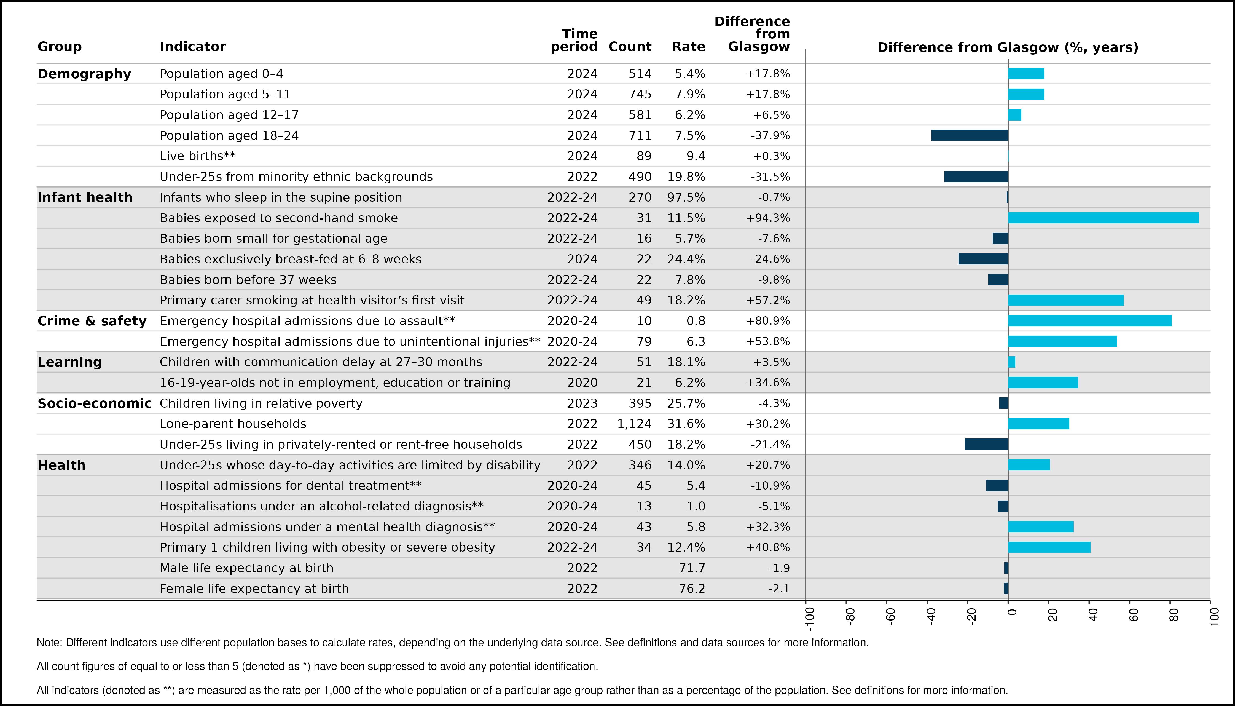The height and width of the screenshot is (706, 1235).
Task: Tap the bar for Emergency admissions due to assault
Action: tap(1090, 320)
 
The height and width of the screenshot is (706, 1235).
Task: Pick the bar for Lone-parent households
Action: tap(1039, 424)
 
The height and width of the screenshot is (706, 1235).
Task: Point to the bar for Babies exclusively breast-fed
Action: tap(983, 259)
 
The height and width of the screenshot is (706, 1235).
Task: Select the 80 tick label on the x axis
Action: tap(1174, 615)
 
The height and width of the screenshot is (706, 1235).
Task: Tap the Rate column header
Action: tap(688, 47)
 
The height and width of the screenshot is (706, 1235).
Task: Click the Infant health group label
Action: tap(85, 197)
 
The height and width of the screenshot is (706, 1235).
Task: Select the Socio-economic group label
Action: tap(95, 403)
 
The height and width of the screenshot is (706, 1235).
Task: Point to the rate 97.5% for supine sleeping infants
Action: tap(686, 197)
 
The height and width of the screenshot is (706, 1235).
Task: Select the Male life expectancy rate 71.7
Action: tap(692, 568)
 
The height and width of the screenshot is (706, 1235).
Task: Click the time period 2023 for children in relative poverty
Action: tap(582, 403)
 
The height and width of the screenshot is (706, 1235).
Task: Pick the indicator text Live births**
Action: tap(198, 156)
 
